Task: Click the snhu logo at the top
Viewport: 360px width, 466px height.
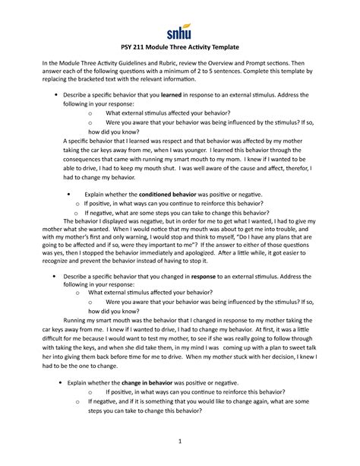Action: (x=180, y=31)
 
